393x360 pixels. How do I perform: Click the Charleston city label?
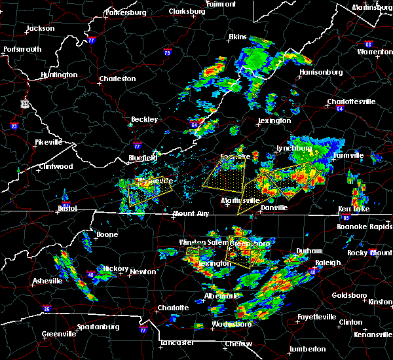click(x=117, y=79)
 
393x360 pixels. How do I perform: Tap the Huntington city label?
click(x=58, y=75)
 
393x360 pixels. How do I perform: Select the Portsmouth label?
click(x=23, y=49)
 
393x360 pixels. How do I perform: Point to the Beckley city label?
click(x=144, y=119)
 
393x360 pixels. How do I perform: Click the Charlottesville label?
click(x=351, y=101)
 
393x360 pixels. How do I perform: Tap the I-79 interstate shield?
click(x=168, y=52)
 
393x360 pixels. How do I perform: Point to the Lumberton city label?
click(x=307, y=349)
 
